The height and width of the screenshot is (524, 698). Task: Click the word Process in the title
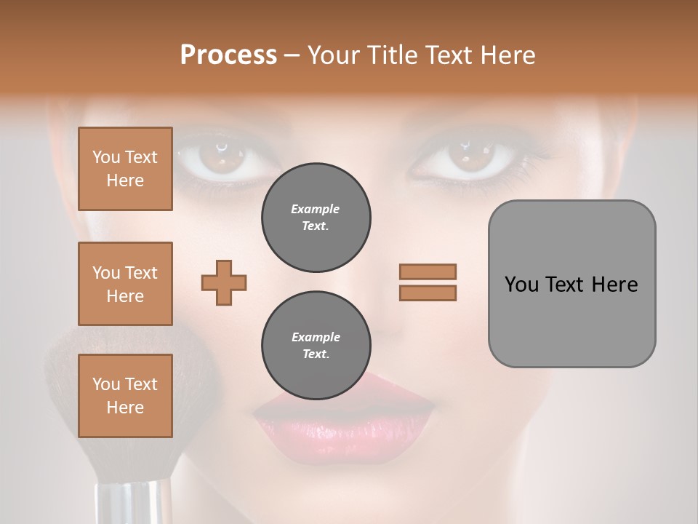228,55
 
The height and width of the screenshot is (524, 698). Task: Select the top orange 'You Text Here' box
125,169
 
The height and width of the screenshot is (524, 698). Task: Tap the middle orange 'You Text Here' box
125,284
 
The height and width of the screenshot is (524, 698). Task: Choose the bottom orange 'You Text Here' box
125,396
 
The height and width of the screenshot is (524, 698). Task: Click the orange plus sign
224,282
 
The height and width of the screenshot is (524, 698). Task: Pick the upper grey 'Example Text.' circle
316,218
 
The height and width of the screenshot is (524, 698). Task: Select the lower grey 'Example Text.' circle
316,346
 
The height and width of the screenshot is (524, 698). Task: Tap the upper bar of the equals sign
428,271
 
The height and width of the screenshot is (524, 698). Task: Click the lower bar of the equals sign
428,293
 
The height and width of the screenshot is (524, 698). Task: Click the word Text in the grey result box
565,285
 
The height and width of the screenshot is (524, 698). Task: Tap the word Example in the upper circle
316,210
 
